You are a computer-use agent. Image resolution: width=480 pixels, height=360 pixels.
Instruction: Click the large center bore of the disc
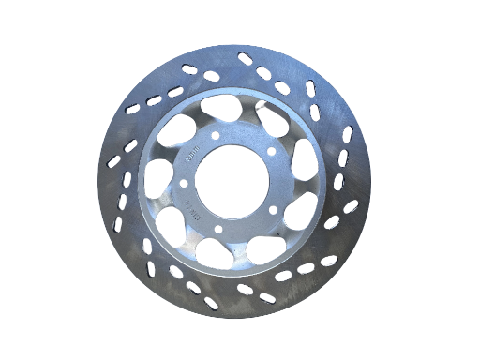232,185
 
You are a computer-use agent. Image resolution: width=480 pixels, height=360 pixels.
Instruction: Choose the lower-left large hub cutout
172,224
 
